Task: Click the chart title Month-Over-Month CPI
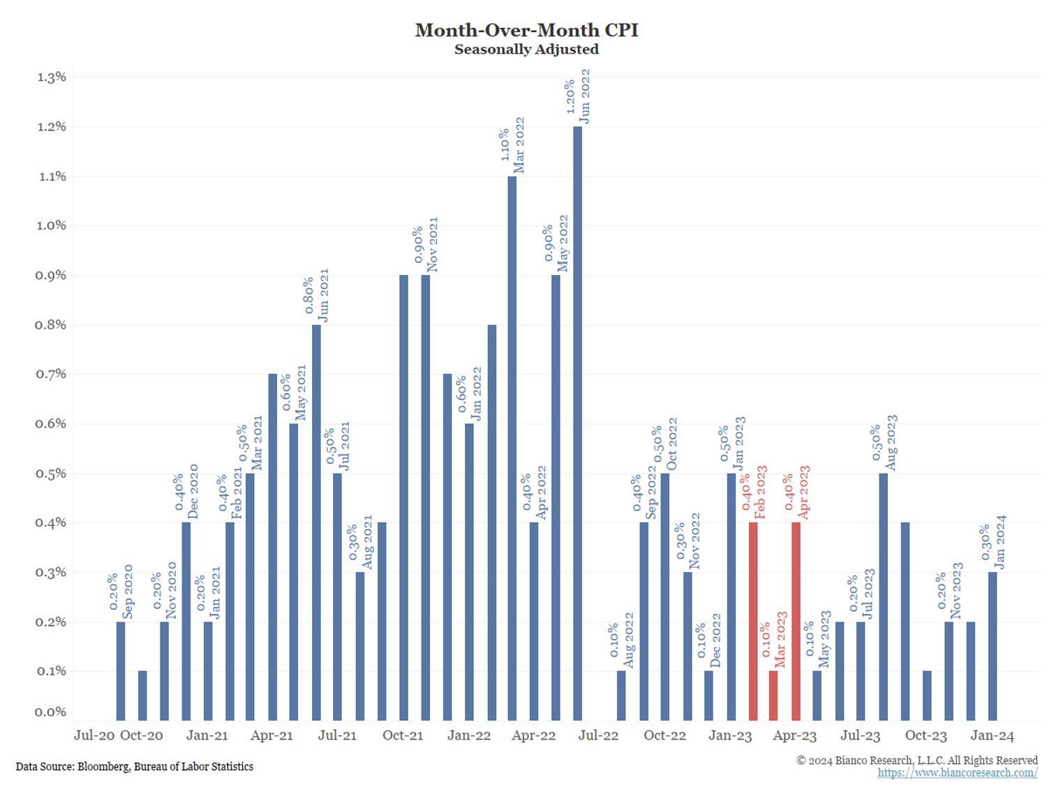[526, 30]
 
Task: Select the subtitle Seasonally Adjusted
[526, 50]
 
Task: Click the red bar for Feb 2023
[753, 621]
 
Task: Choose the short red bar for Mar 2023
[773, 695]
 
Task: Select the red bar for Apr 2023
[796, 621]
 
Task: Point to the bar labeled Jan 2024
[993, 645]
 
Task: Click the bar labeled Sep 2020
[121, 671]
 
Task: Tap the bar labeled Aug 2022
[621, 695]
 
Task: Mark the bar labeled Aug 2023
[883, 597]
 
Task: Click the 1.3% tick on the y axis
[51, 77]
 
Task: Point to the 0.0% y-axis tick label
[51, 712]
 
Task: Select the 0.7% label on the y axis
[51, 374]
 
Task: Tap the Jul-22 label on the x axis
[598, 735]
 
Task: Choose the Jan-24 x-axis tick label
[992, 735]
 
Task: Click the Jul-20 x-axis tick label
[94, 735]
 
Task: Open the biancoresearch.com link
[957, 773]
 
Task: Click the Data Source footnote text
[135, 766]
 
